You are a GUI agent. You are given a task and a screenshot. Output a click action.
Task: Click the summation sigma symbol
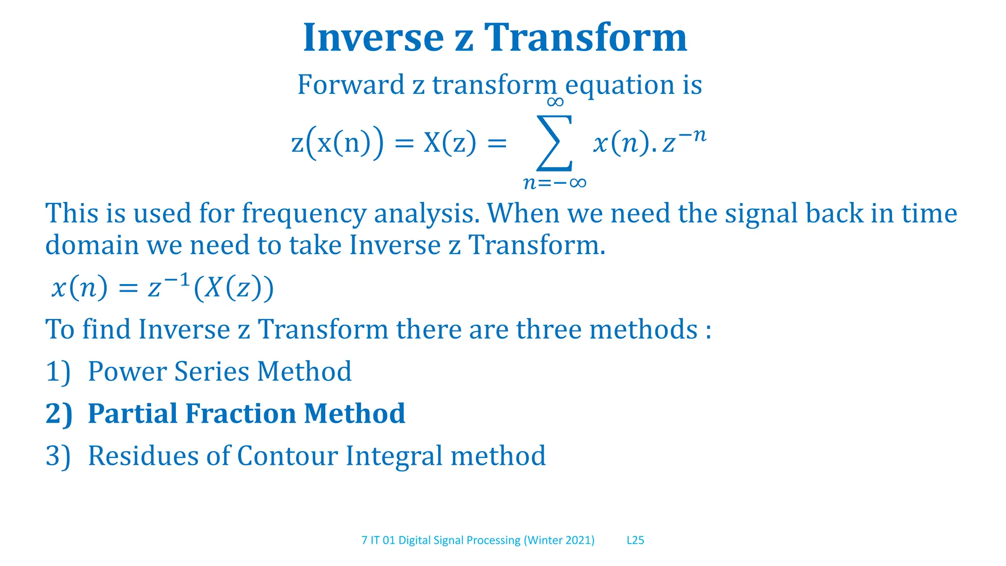coord(555,142)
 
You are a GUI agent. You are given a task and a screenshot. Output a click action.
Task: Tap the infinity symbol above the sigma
coord(555,102)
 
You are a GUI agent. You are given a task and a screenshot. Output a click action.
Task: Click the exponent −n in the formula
coord(693,135)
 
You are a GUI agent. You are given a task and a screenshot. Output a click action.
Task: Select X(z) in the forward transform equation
coord(449,143)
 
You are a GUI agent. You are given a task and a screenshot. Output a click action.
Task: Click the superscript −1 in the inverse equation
coord(176,281)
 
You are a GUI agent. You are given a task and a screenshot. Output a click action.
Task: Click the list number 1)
coord(58,371)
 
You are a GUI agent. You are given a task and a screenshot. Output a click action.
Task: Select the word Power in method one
coord(127,371)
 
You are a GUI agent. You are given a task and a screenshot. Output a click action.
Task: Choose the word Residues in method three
coord(143,455)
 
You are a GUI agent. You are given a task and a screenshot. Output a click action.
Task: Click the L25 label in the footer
coord(635,540)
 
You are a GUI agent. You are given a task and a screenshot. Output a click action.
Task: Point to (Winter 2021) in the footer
coord(559,540)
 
